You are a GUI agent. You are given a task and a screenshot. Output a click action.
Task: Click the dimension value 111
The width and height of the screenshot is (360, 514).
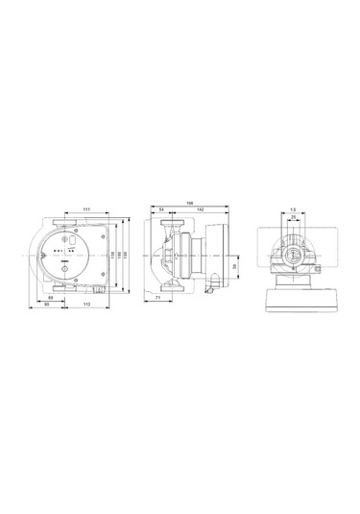coord(86,208)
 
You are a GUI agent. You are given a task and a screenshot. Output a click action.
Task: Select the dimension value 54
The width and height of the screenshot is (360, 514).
coord(160,209)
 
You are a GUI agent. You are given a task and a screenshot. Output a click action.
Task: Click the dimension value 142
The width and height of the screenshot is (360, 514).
coord(200,209)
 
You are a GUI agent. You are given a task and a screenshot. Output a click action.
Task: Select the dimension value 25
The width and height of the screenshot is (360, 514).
coord(293,218)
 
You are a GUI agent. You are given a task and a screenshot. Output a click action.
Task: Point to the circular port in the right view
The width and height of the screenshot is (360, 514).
coord(293,257)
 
